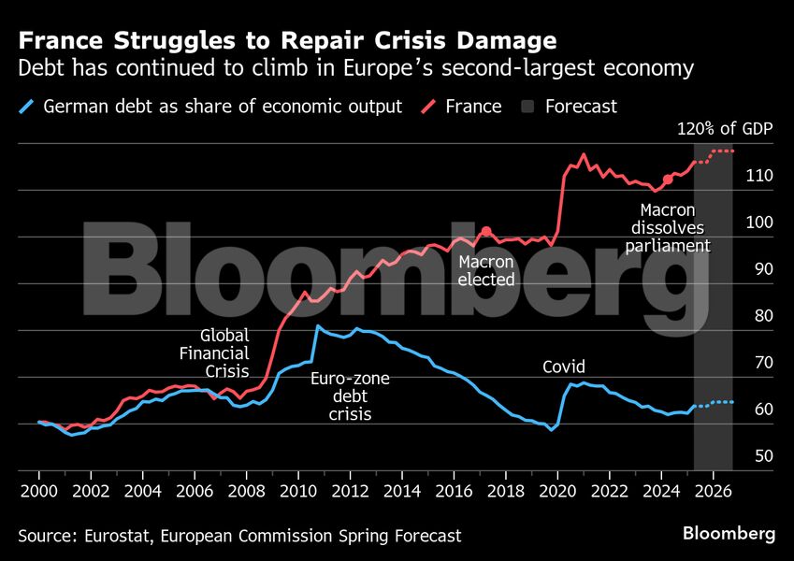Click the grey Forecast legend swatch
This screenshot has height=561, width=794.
[x=527, y=107]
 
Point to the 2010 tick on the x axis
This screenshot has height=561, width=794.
[x=297, y=490]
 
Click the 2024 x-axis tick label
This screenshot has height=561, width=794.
[x=660, y=490]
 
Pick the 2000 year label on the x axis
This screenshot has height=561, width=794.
[x=38, y=490]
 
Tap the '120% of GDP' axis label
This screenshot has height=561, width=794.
[x=725, y=129]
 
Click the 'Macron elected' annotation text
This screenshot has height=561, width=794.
[x=486, y=270]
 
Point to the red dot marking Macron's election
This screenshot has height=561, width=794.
[x=486, y=231]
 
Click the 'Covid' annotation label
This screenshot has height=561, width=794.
[x=564, y=367]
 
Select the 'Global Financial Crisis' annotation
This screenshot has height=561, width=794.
[x=214, y=353]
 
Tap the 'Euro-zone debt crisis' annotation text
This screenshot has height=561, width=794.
[x=350, y=396]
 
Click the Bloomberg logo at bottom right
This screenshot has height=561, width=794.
[x=729, y=535]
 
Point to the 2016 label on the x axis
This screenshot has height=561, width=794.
[x=453, y=490]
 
